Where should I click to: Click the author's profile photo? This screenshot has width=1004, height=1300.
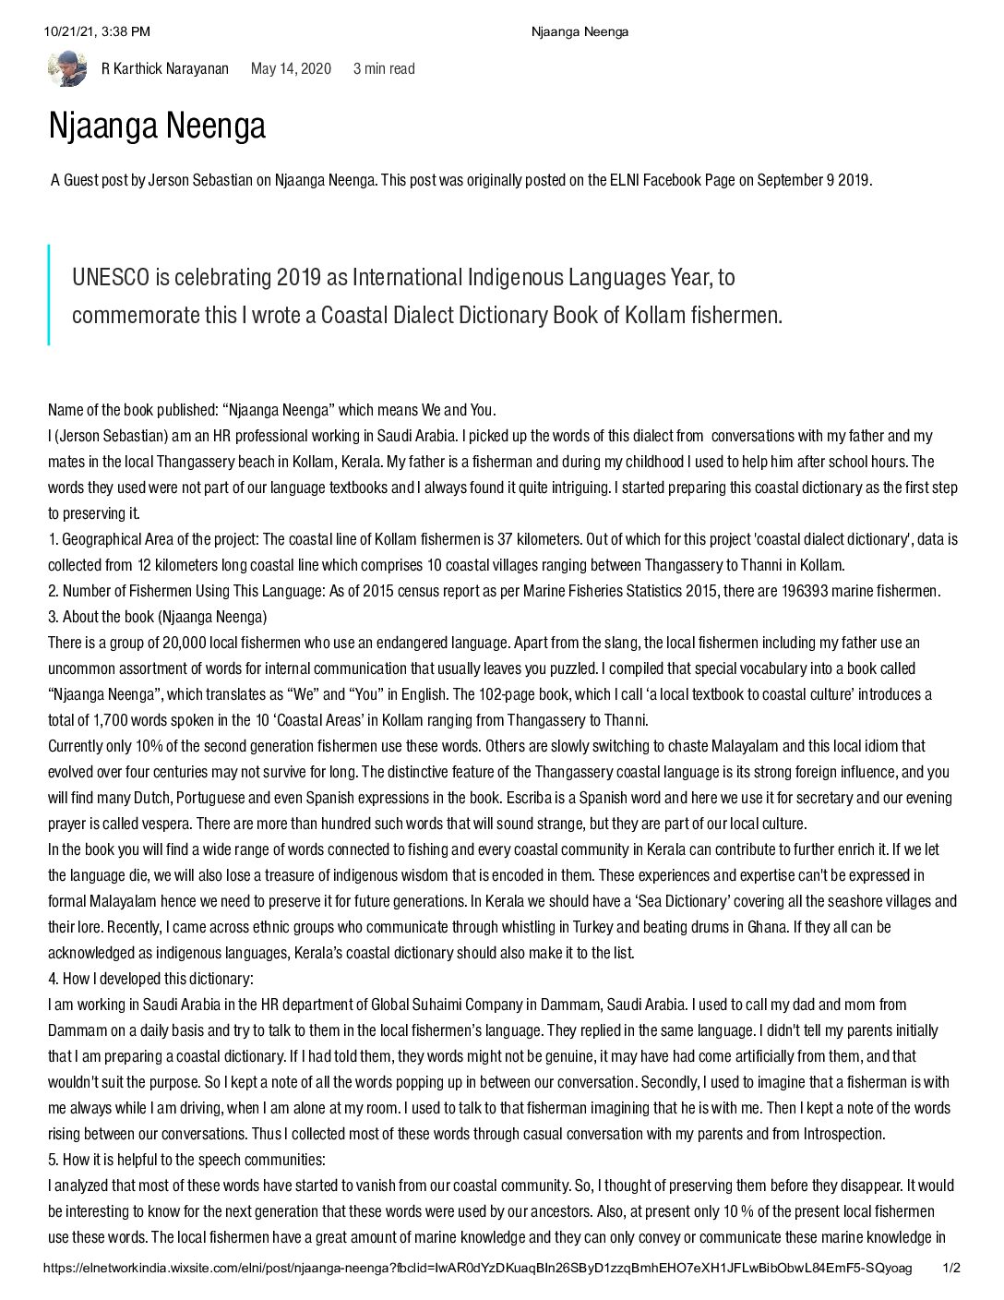(x=66, y=68)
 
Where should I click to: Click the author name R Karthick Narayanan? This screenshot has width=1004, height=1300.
(x=164, y=69)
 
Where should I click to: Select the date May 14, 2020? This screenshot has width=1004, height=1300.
(x=291, y=69)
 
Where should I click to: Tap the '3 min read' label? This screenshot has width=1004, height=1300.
(x=384, y=69)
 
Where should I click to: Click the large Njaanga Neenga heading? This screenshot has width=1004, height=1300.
(x=157, y=126)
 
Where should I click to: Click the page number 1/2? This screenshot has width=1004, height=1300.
(x=950, y=1269)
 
